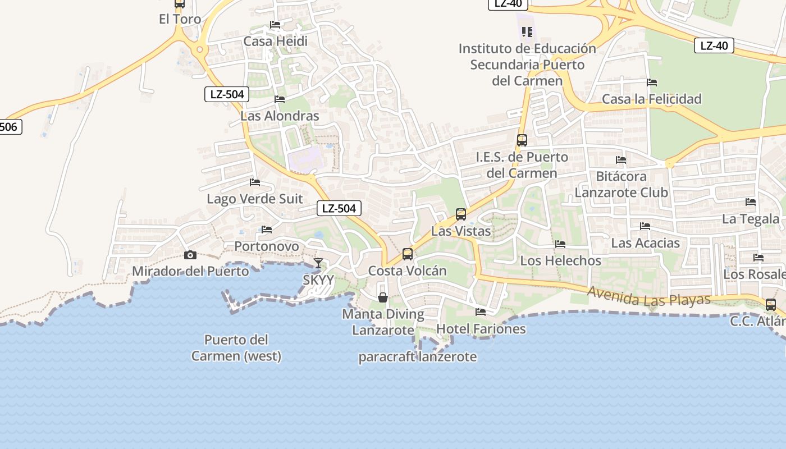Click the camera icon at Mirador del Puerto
point(190,255)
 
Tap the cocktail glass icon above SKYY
point(318,263)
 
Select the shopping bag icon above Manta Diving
point(383,297)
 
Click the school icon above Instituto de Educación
point(527,31)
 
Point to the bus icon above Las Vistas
point(461,214)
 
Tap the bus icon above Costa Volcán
point(408,254)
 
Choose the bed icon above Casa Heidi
point(275,25)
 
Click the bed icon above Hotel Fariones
point(481,311)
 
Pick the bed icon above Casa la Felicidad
point(652,83)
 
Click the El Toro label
point(180,19)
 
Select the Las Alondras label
point(280,116)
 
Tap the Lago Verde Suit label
point(255,199)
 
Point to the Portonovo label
point(267,246)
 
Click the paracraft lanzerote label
point(418,357)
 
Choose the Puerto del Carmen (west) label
point(236,347)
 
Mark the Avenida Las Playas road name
point(649,296)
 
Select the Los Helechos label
point(560,260)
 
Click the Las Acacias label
point(645,243)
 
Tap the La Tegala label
point(751,219)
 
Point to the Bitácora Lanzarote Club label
point(621,184)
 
